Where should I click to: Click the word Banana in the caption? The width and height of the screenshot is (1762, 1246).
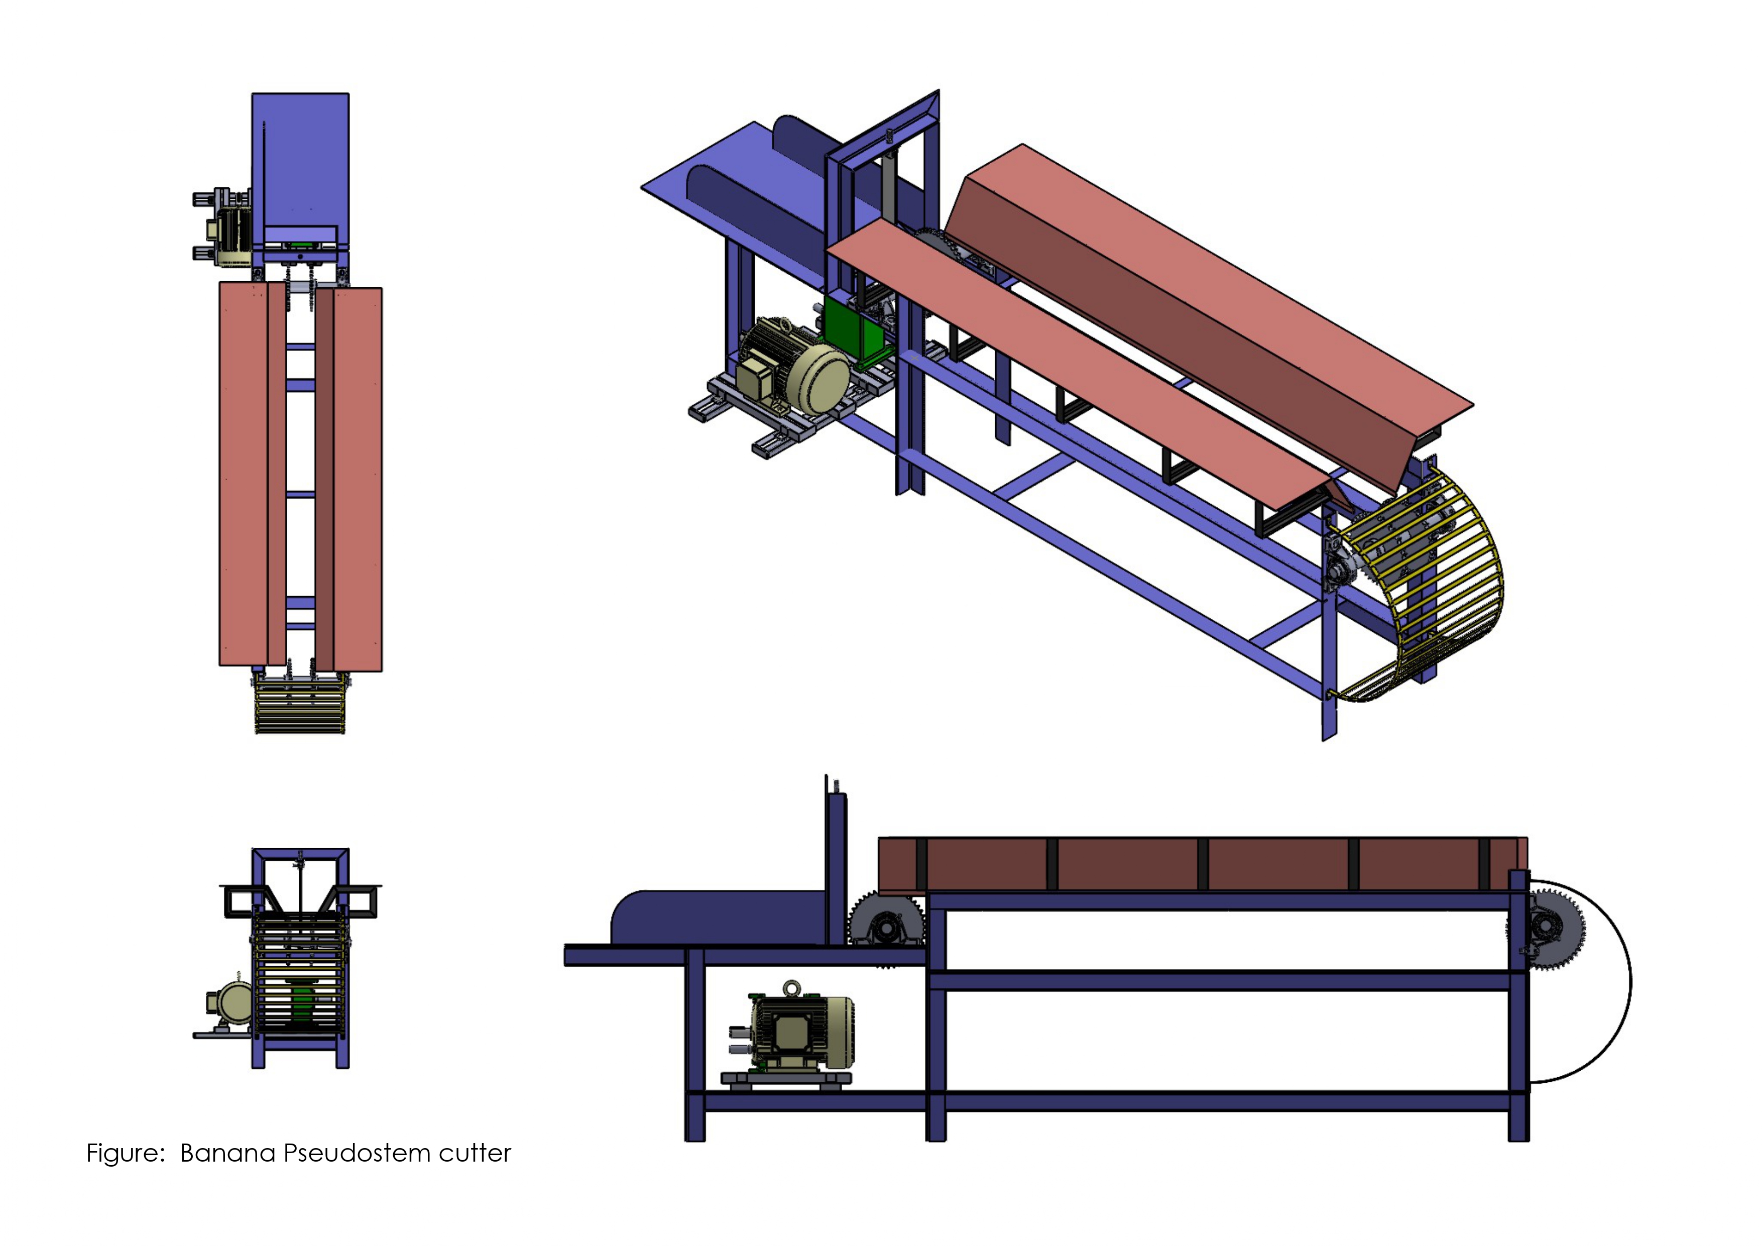click(228, 1153)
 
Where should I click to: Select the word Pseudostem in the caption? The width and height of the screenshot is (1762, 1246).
click(357, 1153)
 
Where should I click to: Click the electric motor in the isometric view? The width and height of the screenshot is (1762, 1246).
click(794, 368)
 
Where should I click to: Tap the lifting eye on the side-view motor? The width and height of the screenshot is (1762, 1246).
click(791, 989)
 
